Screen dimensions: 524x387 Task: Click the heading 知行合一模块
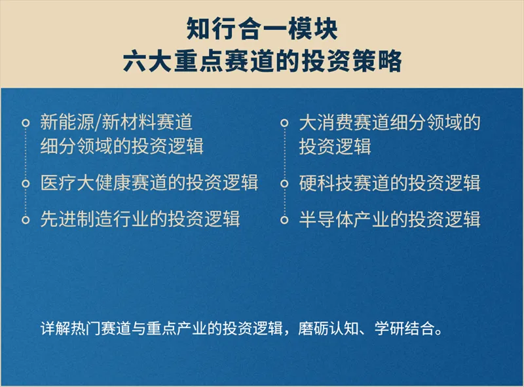coord(262,29)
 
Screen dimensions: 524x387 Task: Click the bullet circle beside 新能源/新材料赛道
coord(26,123)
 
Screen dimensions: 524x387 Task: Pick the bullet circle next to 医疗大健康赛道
coord(26,183)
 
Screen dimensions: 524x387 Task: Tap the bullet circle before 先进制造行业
coord(26,219)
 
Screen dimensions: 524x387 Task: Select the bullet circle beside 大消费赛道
coord(284,123)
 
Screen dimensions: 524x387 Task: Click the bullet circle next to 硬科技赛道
coord(284,183)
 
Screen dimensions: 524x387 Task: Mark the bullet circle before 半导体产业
coord(284,219)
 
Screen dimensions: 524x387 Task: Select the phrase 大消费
coord(326,122)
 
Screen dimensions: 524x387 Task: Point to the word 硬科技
coord(326,183)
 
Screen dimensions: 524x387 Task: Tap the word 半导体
coord(326,219)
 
